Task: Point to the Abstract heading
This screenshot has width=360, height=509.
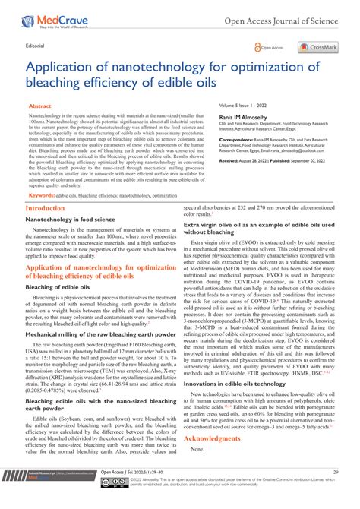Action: point(40,107)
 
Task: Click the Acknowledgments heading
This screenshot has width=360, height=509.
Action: point(216,438)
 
